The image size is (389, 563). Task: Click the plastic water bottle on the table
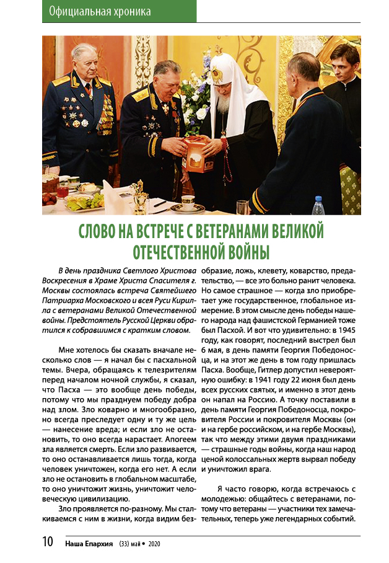click(x=318, y=206)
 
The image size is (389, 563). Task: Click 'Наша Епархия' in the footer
click(x=89, y=544)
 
